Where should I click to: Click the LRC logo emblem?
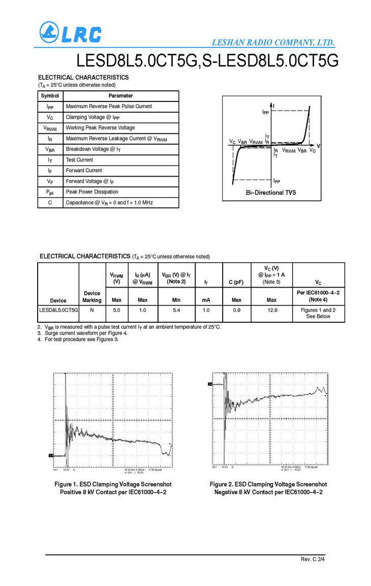[x=49, y=33]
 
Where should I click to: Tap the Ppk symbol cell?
[x=50, y=192]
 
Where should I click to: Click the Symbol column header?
[x=50, y=95]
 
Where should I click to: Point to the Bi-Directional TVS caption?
[x=271, y=193]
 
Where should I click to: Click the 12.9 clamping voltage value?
[x=272, y=309]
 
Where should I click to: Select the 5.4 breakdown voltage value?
[x=176, y=309]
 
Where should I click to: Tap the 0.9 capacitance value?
[x=236, y=309]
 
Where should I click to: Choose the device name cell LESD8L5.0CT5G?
[x=58, y=309]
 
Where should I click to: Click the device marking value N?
[x=92, y=309]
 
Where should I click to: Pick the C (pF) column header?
[x=236, y=282]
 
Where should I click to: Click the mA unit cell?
[x=206, y=300]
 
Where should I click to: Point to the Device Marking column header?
[x=92, y=297]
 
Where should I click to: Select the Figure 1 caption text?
[x=113, y=488]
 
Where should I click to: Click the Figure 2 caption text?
[x=268, y=488]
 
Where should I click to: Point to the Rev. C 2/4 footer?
[x=313, y=559]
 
